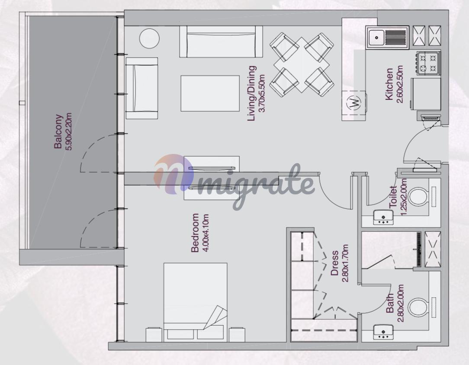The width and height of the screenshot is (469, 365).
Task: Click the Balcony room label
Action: click(x=58, y=131)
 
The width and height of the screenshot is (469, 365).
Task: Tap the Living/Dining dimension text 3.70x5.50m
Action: click(x=262, y=93)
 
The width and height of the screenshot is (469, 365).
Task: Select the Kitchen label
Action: click(x=389, y=84)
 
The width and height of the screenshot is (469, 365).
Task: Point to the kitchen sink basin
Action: click(x=376, y=38)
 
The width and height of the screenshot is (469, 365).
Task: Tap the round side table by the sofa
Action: click(x=149, y=38)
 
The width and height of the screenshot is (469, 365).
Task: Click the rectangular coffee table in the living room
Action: click(x=210, y=93)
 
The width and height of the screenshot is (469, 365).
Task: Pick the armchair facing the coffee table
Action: click(x=142, y=89)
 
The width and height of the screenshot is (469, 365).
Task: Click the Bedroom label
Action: click(x=195, y=233)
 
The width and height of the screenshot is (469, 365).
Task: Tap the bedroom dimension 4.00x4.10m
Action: click(x=206, y=233)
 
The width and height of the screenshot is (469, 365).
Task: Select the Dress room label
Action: click(x=335, y=263)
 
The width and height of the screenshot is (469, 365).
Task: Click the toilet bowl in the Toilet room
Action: click(x=418, y=196)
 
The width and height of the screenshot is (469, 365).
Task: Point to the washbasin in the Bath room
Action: click(x=383, y=332)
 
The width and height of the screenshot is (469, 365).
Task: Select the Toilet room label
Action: click(x=393, y=197)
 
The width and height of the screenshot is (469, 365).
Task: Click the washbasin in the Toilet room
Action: click(x=383, y=218)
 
